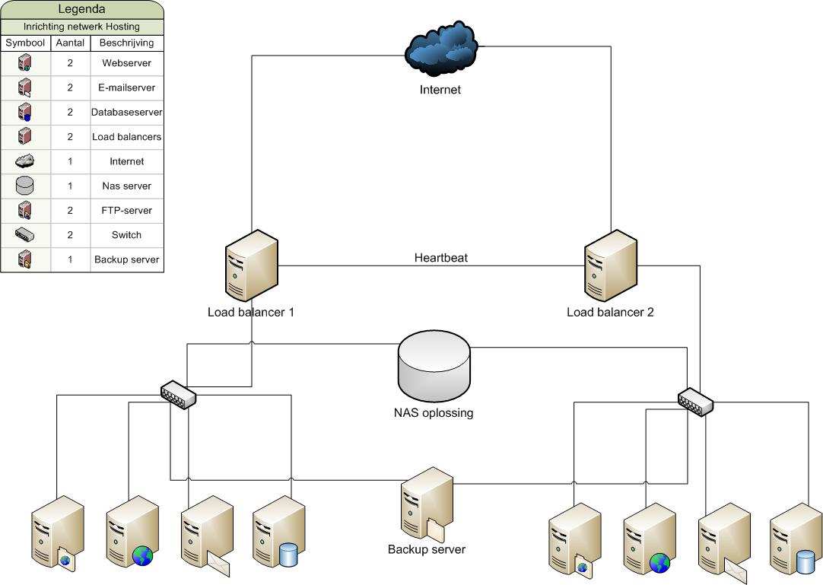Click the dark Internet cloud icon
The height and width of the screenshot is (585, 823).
click(441, 49)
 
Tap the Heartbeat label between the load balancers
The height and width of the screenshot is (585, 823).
click(441, 257)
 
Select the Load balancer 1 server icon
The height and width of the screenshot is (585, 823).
click(252, 265)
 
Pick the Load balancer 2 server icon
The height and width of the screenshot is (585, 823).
click(611, 265)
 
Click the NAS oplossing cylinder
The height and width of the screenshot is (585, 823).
click(434, 365)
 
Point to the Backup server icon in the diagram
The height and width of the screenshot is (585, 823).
click(427, 504)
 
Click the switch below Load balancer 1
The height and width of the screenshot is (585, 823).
click(179, 394)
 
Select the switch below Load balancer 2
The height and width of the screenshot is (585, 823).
click(695, 402)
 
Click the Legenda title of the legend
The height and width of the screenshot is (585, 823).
click(81, 9)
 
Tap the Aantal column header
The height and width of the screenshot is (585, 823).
click(70, 43)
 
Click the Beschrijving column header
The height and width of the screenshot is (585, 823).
click(126, 43)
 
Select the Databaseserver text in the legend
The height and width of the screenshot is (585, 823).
click(126, 112)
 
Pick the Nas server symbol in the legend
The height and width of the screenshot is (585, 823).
click(24, 186)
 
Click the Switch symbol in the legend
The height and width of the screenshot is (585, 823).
click(24, 235)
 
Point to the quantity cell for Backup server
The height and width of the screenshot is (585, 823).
click(70, 259)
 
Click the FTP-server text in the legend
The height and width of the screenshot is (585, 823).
click(126, 210)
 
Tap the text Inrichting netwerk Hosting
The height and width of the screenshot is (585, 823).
click(81, 27)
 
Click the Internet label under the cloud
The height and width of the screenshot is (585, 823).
click(440, 89)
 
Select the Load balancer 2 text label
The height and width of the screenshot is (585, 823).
click(610, 312)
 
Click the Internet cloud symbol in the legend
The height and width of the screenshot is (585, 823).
click(24, 161)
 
